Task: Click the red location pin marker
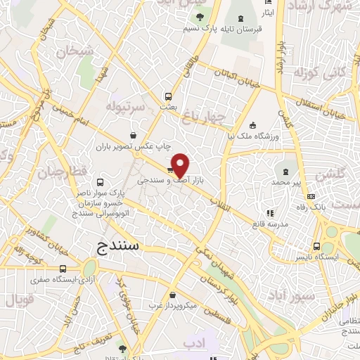click(181, 165)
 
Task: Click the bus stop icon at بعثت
click(168, 96)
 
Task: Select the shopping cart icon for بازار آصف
click(171, 169)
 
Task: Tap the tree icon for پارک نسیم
click(200, 17)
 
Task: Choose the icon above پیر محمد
click(286, 171)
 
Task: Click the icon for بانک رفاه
click(311, 196)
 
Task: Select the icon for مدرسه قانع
click(269, 212)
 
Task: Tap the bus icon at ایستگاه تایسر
click(317, 246)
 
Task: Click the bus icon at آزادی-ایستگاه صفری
click(63, 269)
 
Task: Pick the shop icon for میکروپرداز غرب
click(173, 295)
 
